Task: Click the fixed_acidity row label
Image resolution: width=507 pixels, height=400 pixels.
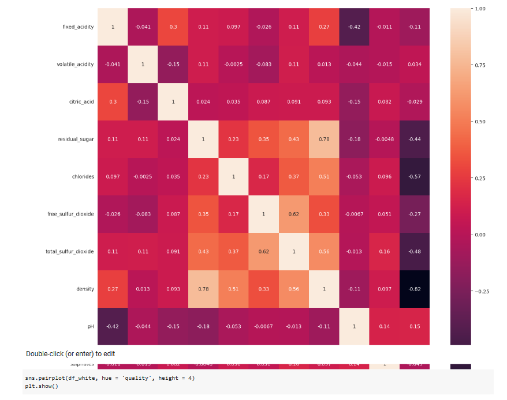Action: tap(78, 27)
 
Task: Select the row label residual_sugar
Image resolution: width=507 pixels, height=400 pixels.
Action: tap(76, 139)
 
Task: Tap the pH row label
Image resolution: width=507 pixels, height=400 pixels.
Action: tap(91, 326)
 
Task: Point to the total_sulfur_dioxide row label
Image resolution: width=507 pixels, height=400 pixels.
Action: tap(70, 251)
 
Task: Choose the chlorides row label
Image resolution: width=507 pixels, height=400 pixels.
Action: tap(83, 176)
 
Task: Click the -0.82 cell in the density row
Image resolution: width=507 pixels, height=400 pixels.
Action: tap(414, 289)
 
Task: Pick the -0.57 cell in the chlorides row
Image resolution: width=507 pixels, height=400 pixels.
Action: tap(414, 176)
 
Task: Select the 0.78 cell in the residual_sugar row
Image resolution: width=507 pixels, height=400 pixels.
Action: tap(323, 139)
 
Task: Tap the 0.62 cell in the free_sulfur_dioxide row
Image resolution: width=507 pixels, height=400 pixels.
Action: tap(293, 214)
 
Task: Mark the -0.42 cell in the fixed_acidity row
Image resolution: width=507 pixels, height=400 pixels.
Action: tap(353, 27)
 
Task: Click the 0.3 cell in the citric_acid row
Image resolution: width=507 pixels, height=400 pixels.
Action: tap(112, 101)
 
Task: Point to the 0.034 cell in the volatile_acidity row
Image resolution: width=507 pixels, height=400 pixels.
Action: tap(414, 64)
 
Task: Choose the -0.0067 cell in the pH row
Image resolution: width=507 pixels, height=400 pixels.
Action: tap(263, 326)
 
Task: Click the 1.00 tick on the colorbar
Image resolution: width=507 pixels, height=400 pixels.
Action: tap(479, 9)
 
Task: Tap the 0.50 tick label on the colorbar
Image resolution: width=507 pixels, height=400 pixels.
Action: tap(479, 122)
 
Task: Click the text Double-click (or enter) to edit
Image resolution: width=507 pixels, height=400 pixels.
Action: tap(70, 353)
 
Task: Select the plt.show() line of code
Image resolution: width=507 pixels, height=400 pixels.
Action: tap(42, 386)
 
